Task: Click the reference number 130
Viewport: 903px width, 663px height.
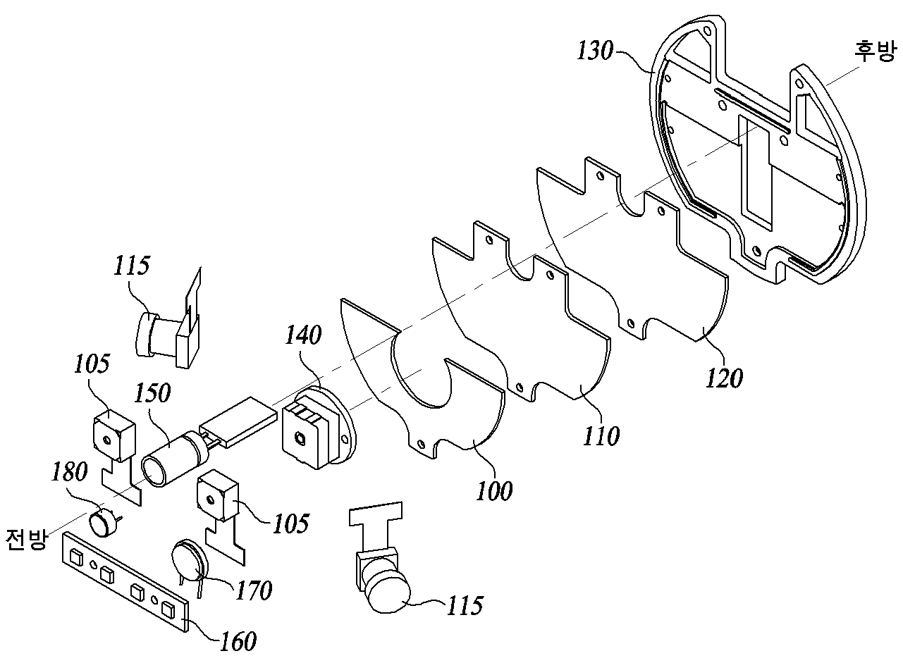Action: coord(595,52)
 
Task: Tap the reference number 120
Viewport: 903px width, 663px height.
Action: coord(724,378)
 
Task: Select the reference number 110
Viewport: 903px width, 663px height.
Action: coord(601,435)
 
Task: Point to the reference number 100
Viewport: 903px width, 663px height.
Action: coord(494,490)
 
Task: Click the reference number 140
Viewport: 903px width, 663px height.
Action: coord(303,334)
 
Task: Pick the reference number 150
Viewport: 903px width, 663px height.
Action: coord(152,392)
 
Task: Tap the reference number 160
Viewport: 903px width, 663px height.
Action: coord(238,641)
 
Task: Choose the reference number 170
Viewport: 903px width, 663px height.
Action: coord(254,590)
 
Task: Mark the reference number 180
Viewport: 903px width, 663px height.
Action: coord(69,471)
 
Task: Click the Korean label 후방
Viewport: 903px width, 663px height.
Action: coord(876,52)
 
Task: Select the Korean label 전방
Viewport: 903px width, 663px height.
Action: coord(26,539)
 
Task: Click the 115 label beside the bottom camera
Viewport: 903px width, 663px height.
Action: coord(465,606)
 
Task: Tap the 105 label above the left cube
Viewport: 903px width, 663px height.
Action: coord(92,364)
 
